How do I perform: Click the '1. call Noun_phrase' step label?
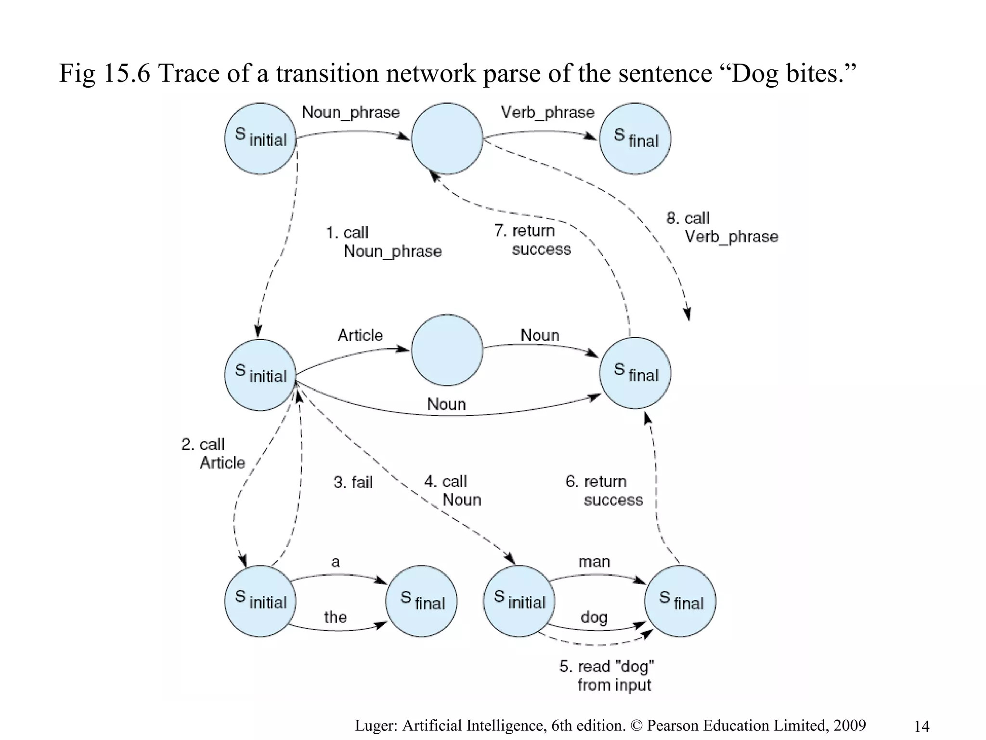pos(383,242)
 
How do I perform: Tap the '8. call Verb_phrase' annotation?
pos(722,227)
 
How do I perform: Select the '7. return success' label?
pos(532,240)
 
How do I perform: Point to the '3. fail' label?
pos(353,482)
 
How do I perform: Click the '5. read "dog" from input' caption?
pos(607,675)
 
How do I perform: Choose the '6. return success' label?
pos(604,490)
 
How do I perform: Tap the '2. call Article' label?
pos(213,453)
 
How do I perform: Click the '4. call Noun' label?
pos(452,490)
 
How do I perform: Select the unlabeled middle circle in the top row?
pos(447,139)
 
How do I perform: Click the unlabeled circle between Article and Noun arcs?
pos(447,350)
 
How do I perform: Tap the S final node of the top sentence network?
pos(635,139)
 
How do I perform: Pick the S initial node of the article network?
pos(260,601)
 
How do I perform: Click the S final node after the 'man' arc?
pos(680,601)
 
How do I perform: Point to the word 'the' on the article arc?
pos(335,617)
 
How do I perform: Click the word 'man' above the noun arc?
pos(594,562)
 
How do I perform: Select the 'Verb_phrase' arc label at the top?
pos(547,112)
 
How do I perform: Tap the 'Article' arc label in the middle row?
pos(360,335)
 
